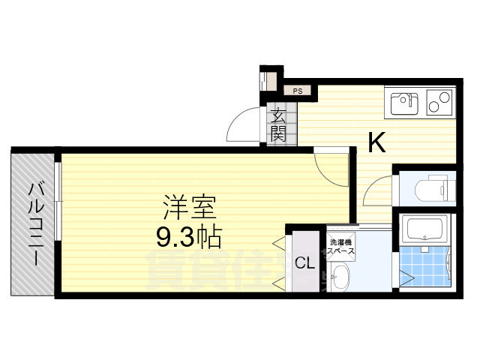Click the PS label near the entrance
pyautogui.click(x=298, y=91)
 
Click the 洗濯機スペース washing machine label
pyautogui.click(x=341, y=247)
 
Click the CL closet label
pyautogui.click(x=303, y=262)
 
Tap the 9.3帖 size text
pyautogui.click(x=187, y=237)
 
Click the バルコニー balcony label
pyautogui.click(x=34, y=223)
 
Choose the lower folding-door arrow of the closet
pyautogui.click(x=279, y=283)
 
